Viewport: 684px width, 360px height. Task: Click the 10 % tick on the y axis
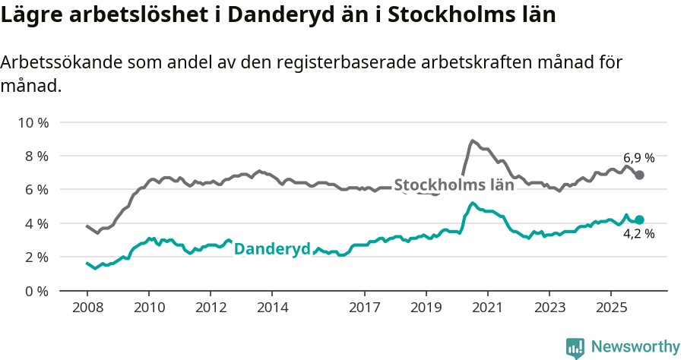pos(34,122)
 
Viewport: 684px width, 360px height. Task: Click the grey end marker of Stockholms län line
pos(640,175)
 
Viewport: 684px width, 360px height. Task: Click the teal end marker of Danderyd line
pos(640,219)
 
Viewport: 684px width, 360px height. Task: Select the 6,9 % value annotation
pos(639,158)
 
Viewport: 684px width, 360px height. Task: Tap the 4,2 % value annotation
pos(638,235)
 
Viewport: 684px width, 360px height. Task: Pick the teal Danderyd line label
pos(272,249)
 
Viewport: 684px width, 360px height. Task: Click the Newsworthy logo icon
pos(575,347)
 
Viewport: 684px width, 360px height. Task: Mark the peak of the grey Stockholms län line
pos(472,141)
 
